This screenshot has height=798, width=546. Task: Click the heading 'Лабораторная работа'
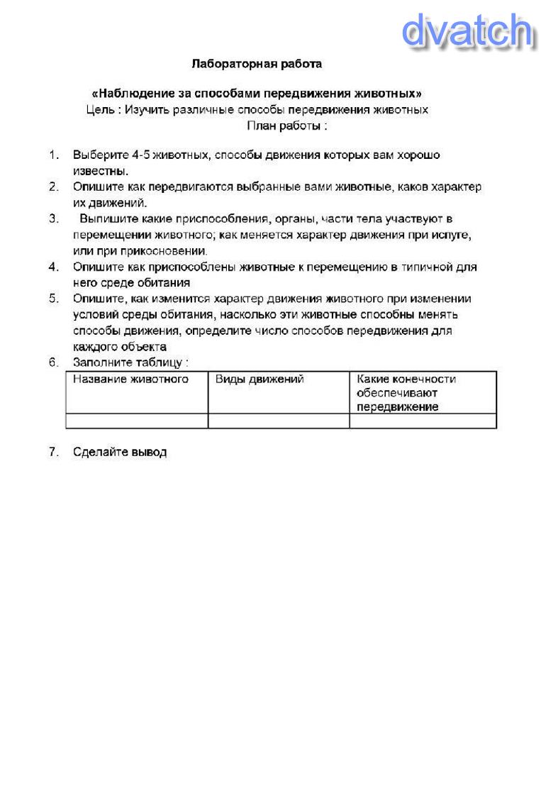point(257,64)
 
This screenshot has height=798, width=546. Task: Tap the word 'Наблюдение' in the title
point(132,94)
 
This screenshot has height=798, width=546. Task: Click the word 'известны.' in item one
point(100,171)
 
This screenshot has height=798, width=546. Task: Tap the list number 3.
point(53,218)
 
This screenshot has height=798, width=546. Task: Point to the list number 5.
point(53,299)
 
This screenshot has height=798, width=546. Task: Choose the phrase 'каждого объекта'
point(120,346)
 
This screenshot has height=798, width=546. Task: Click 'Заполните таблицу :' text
point(130,362)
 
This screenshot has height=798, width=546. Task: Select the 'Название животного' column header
point(130,379)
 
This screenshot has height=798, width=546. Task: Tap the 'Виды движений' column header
point(260,379)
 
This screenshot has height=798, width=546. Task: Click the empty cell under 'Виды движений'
point(278,421)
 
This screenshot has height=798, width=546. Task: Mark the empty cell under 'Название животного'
point(136,421)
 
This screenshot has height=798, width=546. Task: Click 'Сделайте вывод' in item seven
point(120,453)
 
